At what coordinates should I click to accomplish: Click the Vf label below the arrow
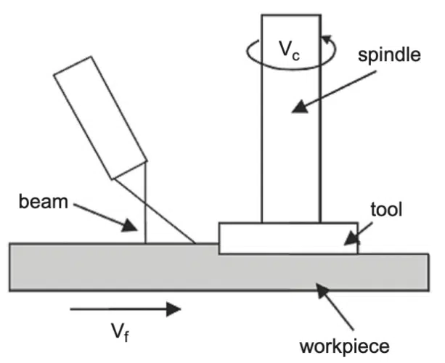click(121, 333)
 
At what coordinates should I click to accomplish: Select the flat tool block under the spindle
click(288, 238)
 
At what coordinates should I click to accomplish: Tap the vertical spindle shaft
click(290, 145)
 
